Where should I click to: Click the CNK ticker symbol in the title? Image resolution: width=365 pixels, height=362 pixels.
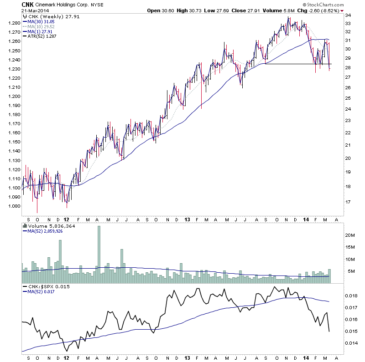pyautogui.click(x=27, y=5)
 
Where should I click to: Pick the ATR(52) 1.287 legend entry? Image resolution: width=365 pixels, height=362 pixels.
pyautogui.click(x=42, y=36)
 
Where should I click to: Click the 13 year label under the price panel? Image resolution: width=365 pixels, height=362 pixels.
pyautogui.click(x=187, y=219)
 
